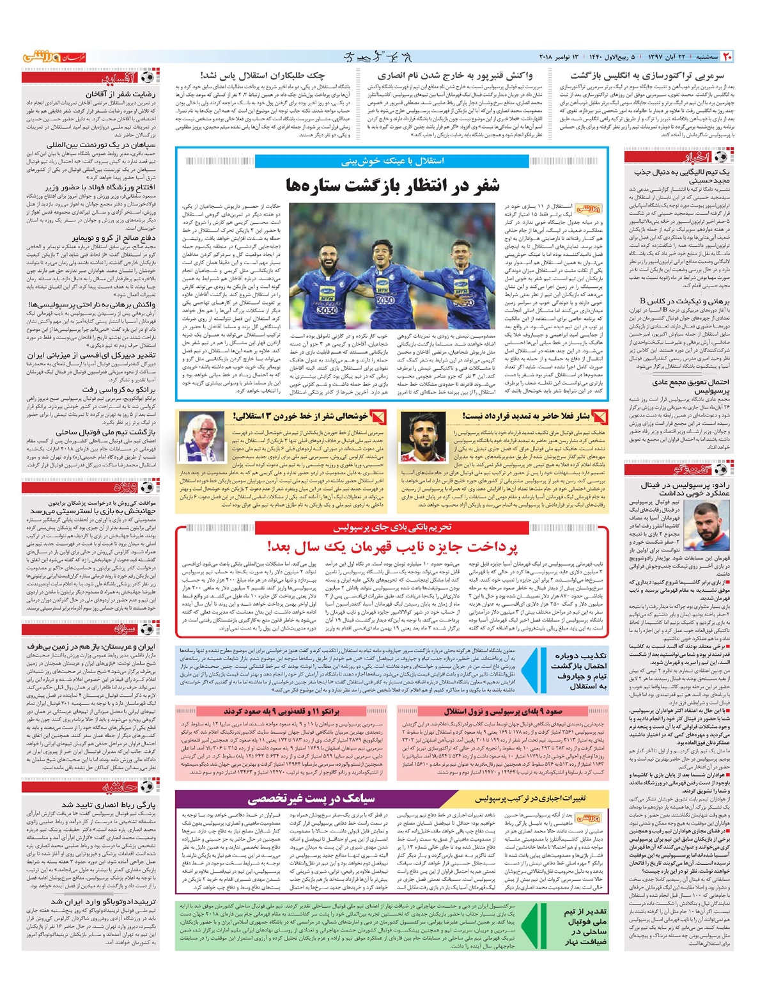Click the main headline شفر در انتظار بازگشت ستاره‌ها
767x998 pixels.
click(392, 185)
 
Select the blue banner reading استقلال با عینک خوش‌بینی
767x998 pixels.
click(392, 161)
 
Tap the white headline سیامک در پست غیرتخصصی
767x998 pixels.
click(311, 798)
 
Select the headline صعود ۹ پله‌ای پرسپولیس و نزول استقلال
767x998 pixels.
click(503, 711)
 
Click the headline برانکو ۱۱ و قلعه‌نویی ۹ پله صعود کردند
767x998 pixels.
click(281, 711)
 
